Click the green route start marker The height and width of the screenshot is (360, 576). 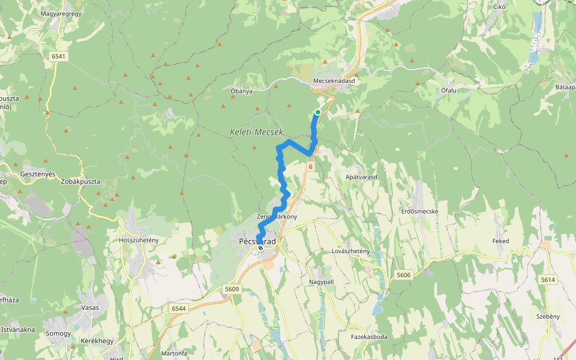coord(318,112)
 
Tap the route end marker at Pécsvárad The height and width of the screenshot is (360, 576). coord(260,248)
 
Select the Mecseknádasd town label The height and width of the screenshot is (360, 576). coord(338,80)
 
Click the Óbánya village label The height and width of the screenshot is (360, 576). coord(241,91)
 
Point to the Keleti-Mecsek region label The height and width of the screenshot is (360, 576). coord(256,131)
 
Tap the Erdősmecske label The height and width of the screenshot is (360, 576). coord(420,211)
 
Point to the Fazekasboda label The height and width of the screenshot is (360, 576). coord(369,337)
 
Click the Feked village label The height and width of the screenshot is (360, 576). coord(501,241)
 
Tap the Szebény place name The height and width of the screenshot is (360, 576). coord(547,316)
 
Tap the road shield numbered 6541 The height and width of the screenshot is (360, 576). coord(59,56)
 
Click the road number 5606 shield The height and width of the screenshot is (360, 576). coord(404,275)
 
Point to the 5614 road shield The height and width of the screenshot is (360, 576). coord(548,280)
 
